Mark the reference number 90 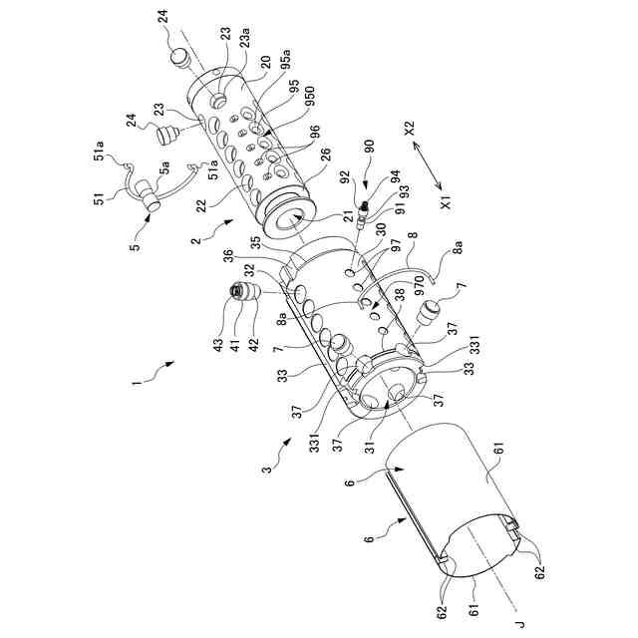point(368,146)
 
